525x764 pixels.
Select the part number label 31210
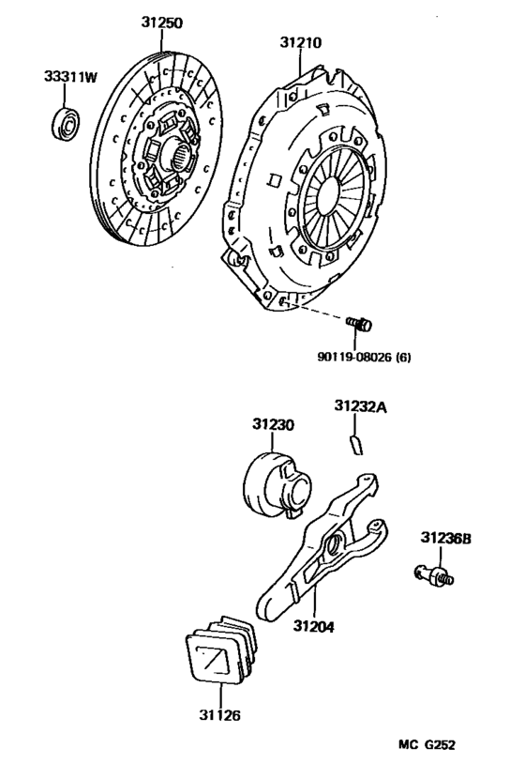tap(300, 43)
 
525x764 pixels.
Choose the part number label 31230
tap(273, 424)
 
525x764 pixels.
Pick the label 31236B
tap(445, 538)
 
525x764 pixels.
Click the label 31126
tap(218, 714)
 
